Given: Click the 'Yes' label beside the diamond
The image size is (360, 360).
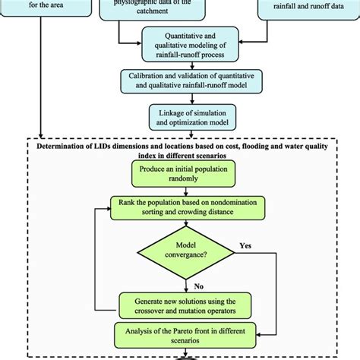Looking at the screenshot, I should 245,246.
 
